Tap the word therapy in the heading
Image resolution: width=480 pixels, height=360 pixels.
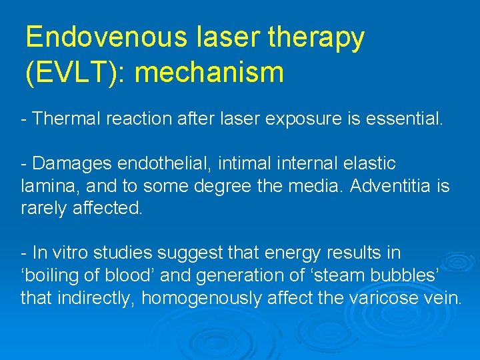click(316, 39)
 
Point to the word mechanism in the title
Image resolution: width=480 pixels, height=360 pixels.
click(209, 72)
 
